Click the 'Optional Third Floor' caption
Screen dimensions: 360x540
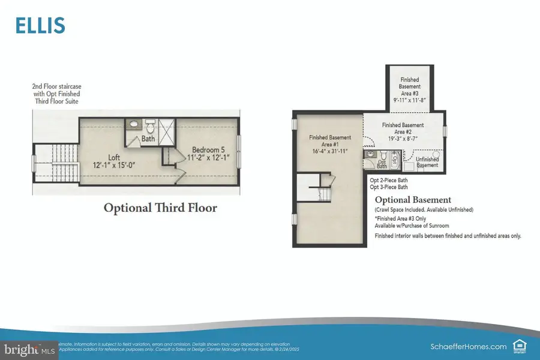click(160, 208)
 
